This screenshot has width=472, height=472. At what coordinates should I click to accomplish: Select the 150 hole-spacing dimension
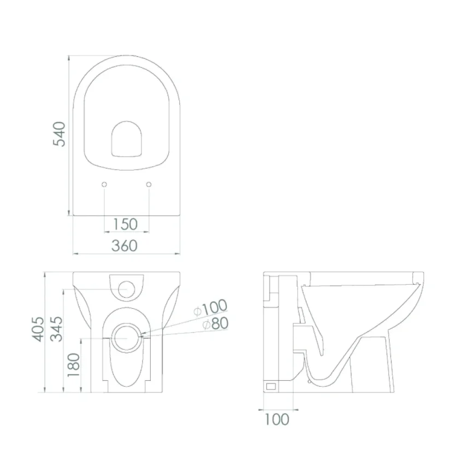click(125, 224)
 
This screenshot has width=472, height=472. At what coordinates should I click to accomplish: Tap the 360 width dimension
click(125, 245)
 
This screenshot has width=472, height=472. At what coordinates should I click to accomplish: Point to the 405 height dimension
click(36, 328)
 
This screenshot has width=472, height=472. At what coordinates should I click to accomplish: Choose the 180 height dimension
click(74, 364)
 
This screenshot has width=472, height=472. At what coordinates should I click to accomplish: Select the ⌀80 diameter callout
click(215, 324)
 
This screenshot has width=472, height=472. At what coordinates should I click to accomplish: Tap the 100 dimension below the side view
click(277, 419)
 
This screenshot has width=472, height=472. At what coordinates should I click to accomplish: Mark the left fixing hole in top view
click(104, 185)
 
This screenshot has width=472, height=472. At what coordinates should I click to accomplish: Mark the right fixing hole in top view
click(149, 185)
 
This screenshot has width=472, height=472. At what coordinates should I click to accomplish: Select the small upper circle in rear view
click(127, 288)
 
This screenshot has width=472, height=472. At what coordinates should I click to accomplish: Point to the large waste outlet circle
click(127, 338)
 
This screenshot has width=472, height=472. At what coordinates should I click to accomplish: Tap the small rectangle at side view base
click(271, 386)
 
